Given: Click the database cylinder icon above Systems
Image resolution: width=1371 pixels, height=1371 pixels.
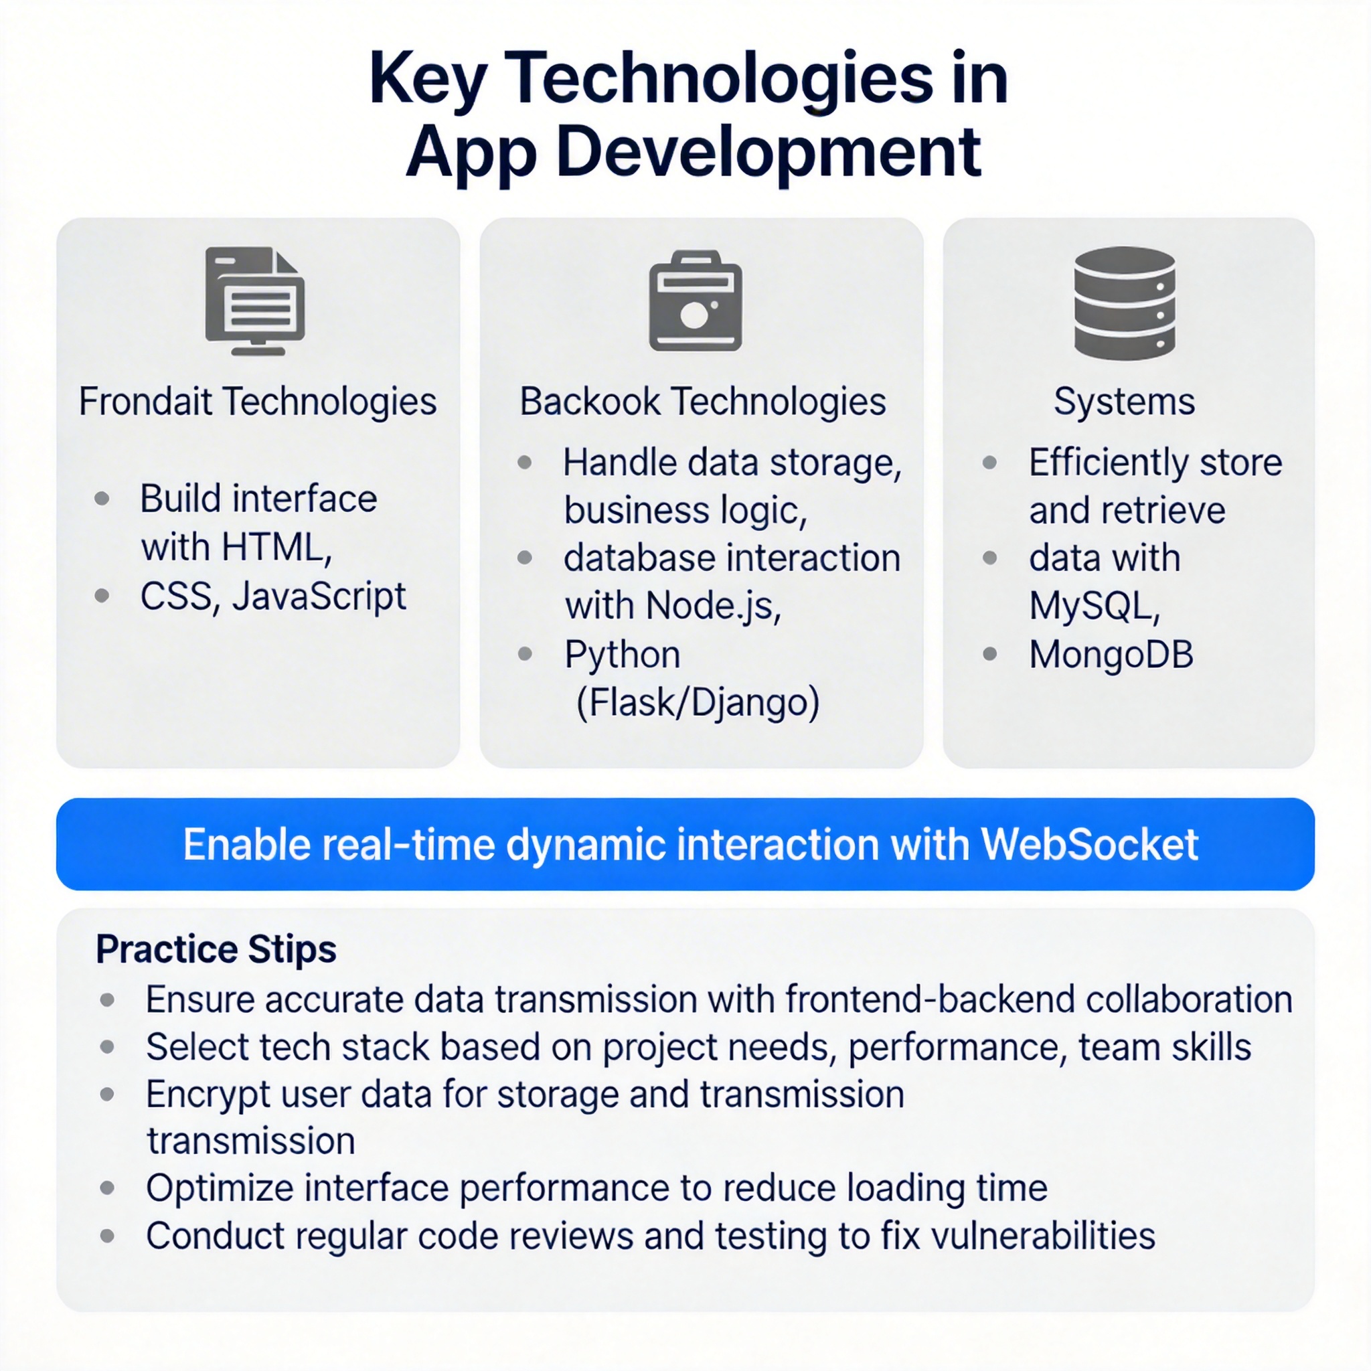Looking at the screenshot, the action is coord(1124,303).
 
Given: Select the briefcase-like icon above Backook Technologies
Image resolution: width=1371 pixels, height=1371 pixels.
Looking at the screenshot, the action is coord(696,301).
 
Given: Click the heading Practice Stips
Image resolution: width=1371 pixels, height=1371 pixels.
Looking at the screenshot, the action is coord(216,949).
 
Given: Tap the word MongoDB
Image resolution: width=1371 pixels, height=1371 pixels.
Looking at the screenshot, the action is coord(1111,654).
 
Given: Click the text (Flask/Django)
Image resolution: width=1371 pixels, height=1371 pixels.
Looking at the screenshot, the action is coord(698,702).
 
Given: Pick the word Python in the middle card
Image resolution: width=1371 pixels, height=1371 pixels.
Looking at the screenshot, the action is coord(623,655).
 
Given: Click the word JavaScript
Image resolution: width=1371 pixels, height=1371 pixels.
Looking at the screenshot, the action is coord(319,596).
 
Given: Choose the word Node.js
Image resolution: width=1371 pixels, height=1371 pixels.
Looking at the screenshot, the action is coord(714,607).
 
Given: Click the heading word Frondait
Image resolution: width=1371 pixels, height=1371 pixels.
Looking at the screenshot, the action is coord(145,402).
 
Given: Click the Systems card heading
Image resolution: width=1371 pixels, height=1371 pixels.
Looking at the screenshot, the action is coord(1124,402).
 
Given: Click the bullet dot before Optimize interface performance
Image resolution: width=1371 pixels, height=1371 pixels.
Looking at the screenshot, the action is coord(107,1188).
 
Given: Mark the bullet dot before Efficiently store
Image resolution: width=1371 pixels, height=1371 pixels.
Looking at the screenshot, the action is coord(989,463).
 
